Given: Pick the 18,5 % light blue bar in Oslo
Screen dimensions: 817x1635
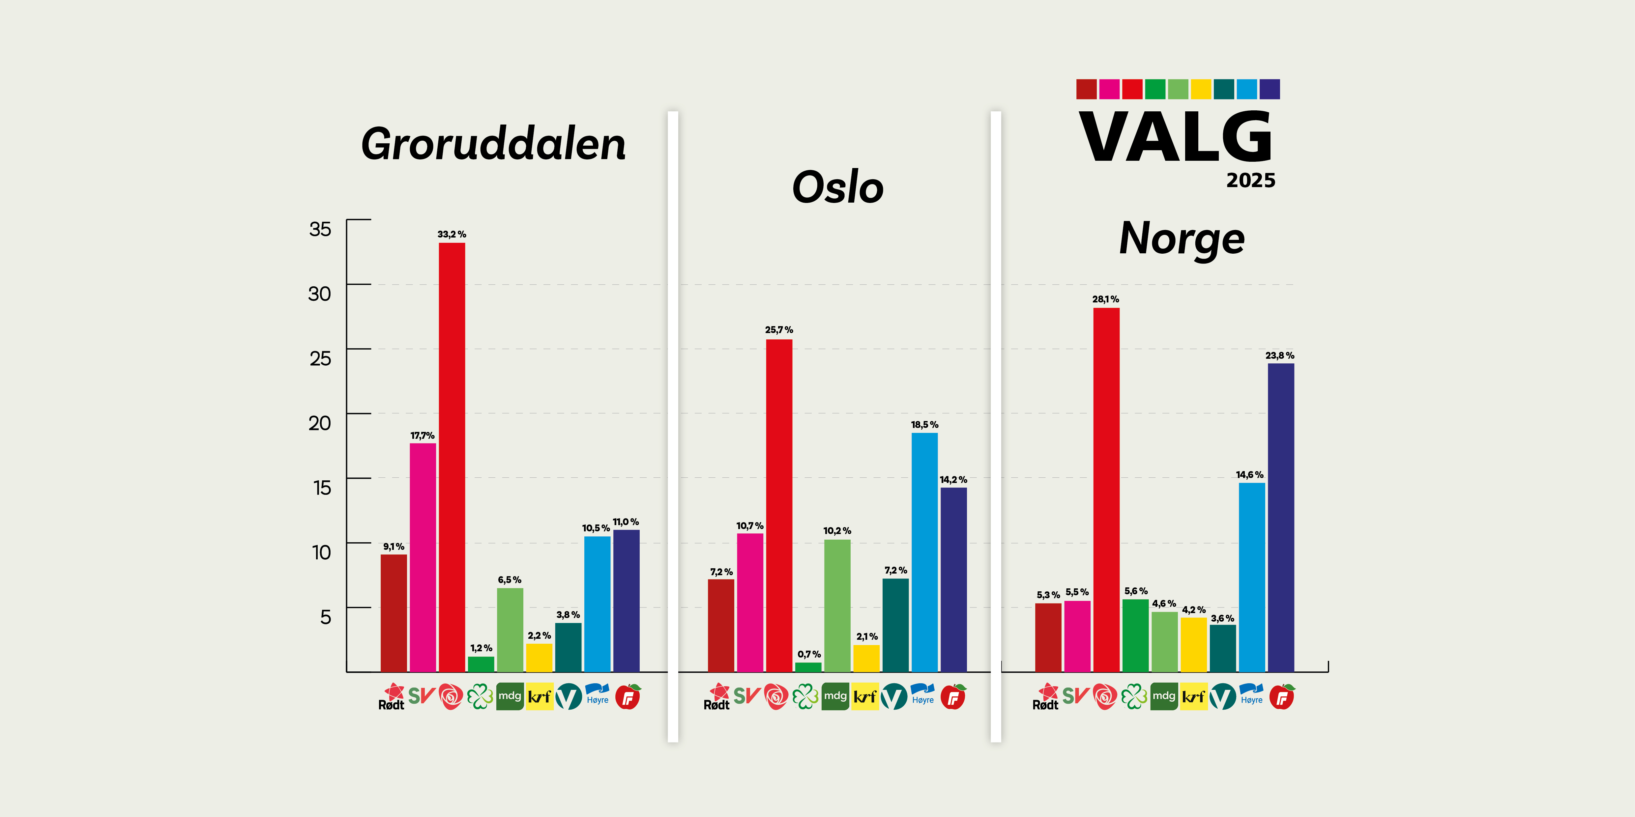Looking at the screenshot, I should click(x=924, y=552).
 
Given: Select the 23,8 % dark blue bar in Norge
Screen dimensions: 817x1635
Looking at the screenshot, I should click(x=1281, y=517).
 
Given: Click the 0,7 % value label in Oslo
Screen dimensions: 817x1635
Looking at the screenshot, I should click(x=809, y=654).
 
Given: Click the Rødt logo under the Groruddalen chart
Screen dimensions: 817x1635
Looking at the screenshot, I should click(x=392, y=696).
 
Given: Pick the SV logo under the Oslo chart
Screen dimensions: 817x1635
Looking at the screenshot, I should click(x=746, y=696).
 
